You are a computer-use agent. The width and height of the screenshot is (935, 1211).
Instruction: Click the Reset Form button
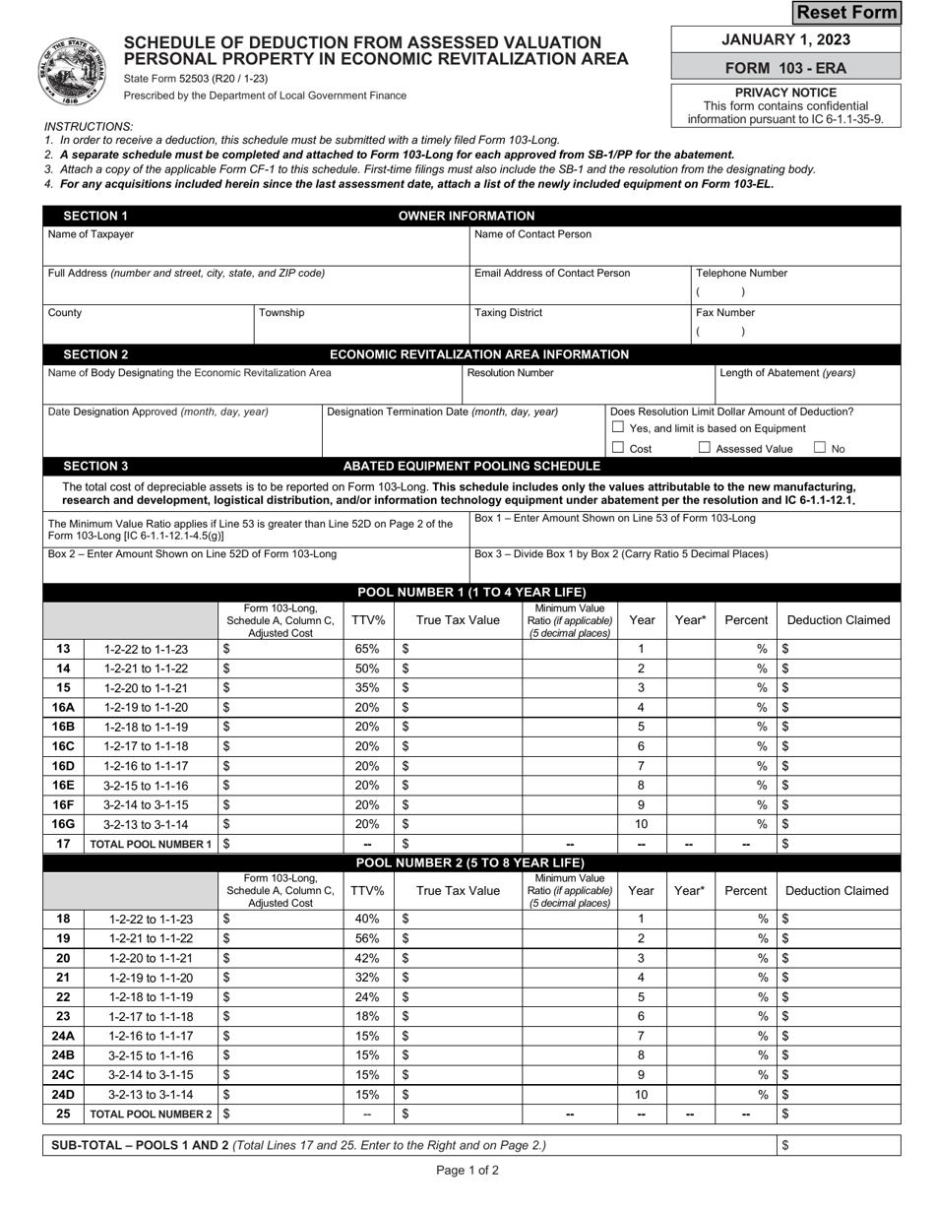tap(846, 12)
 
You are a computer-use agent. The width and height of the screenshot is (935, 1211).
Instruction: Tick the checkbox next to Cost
tap(617, 448)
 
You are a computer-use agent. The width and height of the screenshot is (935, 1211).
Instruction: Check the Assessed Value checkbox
tap(705, 448)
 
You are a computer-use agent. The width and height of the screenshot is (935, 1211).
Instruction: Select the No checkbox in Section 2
tap(820, 448)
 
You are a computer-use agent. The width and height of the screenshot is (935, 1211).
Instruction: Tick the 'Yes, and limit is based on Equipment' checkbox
tap(617, 428)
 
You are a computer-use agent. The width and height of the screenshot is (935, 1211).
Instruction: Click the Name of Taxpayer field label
tap(92, 234)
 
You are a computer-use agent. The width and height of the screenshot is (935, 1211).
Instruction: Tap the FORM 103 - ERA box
tap(785, 68)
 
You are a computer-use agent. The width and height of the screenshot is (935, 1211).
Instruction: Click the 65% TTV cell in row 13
tap(367, 650)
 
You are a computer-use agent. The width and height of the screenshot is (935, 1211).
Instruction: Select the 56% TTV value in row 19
tap(367, 939)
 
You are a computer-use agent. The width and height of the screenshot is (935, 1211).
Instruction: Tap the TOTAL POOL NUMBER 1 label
tap(150, 844)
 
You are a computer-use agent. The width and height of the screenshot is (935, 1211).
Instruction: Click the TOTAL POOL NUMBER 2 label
tap(150, 1115)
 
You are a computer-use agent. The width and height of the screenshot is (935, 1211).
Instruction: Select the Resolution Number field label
tap(510, 373)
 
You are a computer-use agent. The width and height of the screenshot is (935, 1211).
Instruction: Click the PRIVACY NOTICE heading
tap(785, 93)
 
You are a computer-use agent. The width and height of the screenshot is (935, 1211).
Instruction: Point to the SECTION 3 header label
tap(95, 466)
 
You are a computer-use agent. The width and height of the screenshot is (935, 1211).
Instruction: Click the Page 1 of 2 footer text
tap(467, 1171)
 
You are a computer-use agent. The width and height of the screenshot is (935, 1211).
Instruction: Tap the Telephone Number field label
tap(741, 274)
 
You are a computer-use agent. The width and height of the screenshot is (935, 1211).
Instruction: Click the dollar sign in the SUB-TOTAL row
tap(785, 1146)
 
